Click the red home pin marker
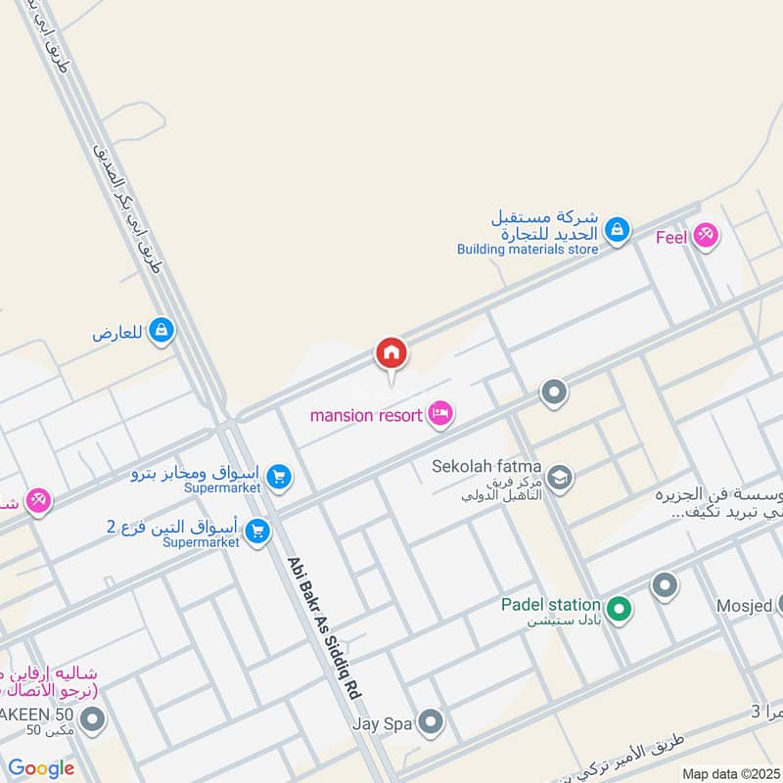coord(391,353)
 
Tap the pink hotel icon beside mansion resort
coord(441,415)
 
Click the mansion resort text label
coord(368,415)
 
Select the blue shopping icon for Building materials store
coord(617,231)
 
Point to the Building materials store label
coord(527,249)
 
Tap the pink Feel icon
coord(705,236)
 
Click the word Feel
coord(672,236)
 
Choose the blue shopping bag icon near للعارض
coord(161,332)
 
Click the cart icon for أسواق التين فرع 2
coord(258,531)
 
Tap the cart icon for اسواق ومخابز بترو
coord(279,477)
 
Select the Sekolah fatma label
coord(486,466)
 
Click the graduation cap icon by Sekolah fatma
coord(561,477)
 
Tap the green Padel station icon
coord(618,611)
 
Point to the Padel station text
coord(550,604)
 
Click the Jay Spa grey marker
coord(430,724)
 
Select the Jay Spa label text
coord(382,724)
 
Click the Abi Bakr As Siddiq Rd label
coord(324,627)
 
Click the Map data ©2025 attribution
coord(731,773)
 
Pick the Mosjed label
coord(754,604)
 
